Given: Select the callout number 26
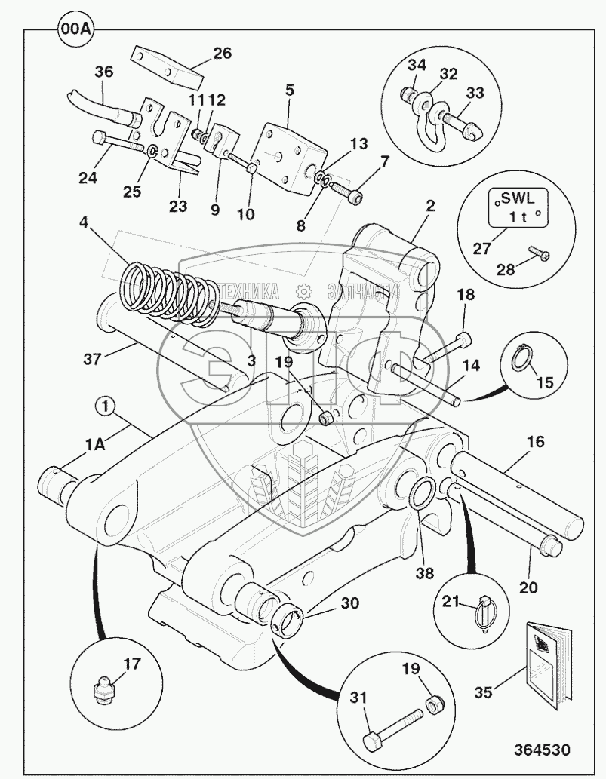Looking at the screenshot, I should (222, 54).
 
